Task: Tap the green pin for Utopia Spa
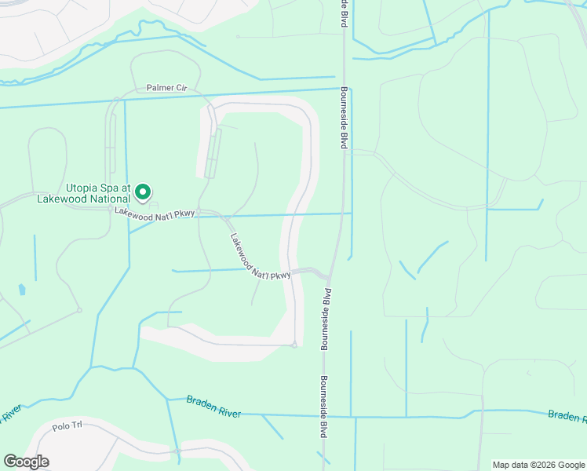click(143, 192)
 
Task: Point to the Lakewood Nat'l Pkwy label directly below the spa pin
click(154, 213)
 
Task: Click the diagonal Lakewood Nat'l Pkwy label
click(261, 256)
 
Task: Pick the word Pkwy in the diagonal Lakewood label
click(283, 274)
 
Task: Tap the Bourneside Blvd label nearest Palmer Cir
click(344, 118)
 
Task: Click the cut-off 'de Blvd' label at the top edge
click(344, 13)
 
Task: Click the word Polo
click(60, 427)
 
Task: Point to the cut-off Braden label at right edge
click(567, 415)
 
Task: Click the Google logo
click(26, 462)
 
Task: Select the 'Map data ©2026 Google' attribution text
click(538, 465)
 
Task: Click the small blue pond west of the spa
click(21, 290)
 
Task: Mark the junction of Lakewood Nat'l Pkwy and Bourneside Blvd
click(328, 277)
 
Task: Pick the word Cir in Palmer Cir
click(182, 89)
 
